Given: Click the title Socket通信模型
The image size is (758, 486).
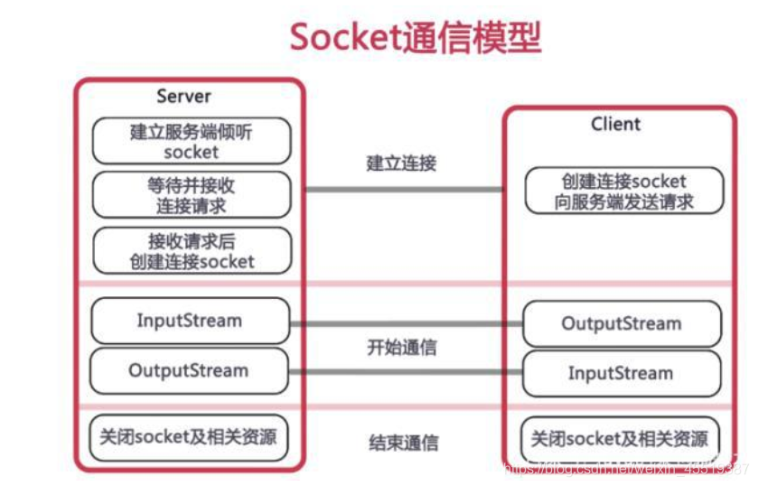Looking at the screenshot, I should pyautogui.click(x=415, y=38).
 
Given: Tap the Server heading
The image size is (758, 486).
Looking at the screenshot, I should pyautogui.click(x=183, y=97).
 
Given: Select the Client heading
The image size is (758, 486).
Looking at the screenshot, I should pyautogui.click(x=615, y=124).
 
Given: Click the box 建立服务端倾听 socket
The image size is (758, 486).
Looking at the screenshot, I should pyautogui.click(x=192, y=141).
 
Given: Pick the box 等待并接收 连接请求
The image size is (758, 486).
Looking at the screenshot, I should pyautogui.click(x=192, y=195).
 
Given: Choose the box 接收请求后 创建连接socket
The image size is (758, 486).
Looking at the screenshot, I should pyautogui.click(x=192, y=250).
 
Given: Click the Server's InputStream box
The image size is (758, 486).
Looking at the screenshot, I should pyautogui.click(x=190, y=321).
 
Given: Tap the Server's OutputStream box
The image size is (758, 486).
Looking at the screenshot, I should pyautogui.click(x=189, y=370).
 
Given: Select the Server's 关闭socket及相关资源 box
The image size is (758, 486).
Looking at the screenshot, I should pyautogui.click(x=189, y=439).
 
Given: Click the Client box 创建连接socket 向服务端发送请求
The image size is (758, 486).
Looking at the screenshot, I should pyautogui.click(x=624, y=191).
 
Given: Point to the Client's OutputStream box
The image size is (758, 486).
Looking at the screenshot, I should pyautogui.click(x=622, y=323).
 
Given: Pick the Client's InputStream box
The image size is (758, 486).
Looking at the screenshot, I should pyautogui.click(x=622, y=373).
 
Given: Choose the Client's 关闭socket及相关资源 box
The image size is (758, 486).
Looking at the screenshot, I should pyautogui.click(x=622, y=440).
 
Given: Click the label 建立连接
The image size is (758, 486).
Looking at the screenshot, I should pyautogui.click(x=401, y=164).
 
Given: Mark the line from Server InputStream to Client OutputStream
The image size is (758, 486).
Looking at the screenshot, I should pyautogui.click(x=407, y=322).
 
